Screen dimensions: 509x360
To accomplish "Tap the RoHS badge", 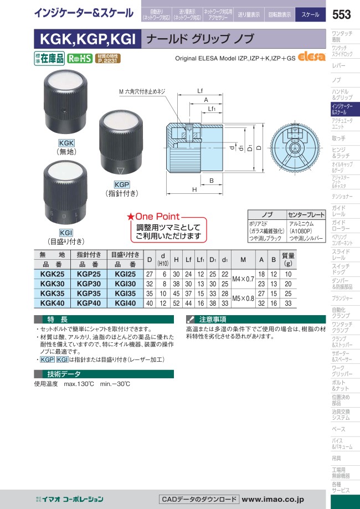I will [x=79, y=58].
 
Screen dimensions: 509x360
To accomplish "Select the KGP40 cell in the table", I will [x=89, y=303].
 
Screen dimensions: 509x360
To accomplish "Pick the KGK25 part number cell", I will [x=53, y=275].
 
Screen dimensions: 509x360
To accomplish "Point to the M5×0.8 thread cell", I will [x=243, y=298].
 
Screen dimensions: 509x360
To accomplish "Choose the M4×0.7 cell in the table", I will [x=243, y=279].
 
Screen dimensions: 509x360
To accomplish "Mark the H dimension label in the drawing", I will [x=195, y=189].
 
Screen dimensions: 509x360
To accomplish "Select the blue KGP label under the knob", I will [x=121, y=184].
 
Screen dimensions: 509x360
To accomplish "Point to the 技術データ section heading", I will [x=65, y=374].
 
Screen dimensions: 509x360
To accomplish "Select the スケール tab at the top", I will [x=310, y=15].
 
